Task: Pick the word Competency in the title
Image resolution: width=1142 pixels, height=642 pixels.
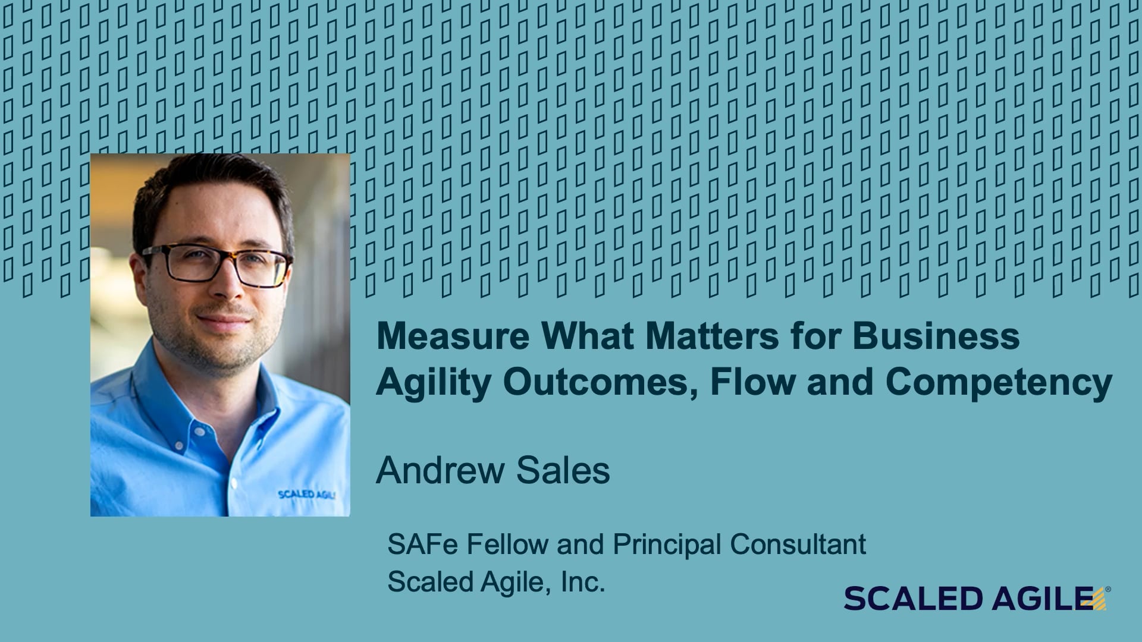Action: tap(999, 383)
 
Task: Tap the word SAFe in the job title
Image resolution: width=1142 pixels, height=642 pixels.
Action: tap(422, 544)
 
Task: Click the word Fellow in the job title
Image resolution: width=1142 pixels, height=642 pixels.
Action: tap(508, 544)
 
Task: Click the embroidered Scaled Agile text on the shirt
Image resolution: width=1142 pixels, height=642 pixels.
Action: tap(306, 495)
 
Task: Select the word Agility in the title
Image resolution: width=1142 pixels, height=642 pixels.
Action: tap(434, 383)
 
